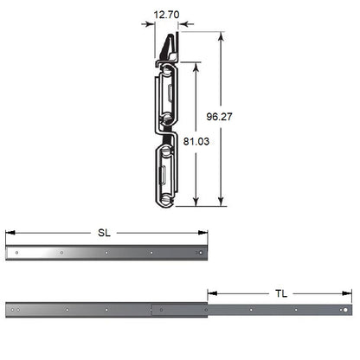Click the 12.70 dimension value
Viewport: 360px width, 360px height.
pos(166,15)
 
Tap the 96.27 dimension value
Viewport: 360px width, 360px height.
pos(219,117)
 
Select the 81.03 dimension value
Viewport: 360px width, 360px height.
pos(196,141)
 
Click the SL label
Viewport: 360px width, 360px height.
pos(104,233)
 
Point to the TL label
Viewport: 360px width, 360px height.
pos(281,293)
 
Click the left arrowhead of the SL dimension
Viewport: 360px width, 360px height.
pos(10,233)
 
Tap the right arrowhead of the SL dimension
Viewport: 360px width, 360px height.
pos(202,233)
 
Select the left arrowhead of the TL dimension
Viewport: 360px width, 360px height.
pos(213,293)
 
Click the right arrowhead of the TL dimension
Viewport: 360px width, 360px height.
pos(347,293)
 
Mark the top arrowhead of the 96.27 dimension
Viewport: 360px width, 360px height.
pos(221,36)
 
